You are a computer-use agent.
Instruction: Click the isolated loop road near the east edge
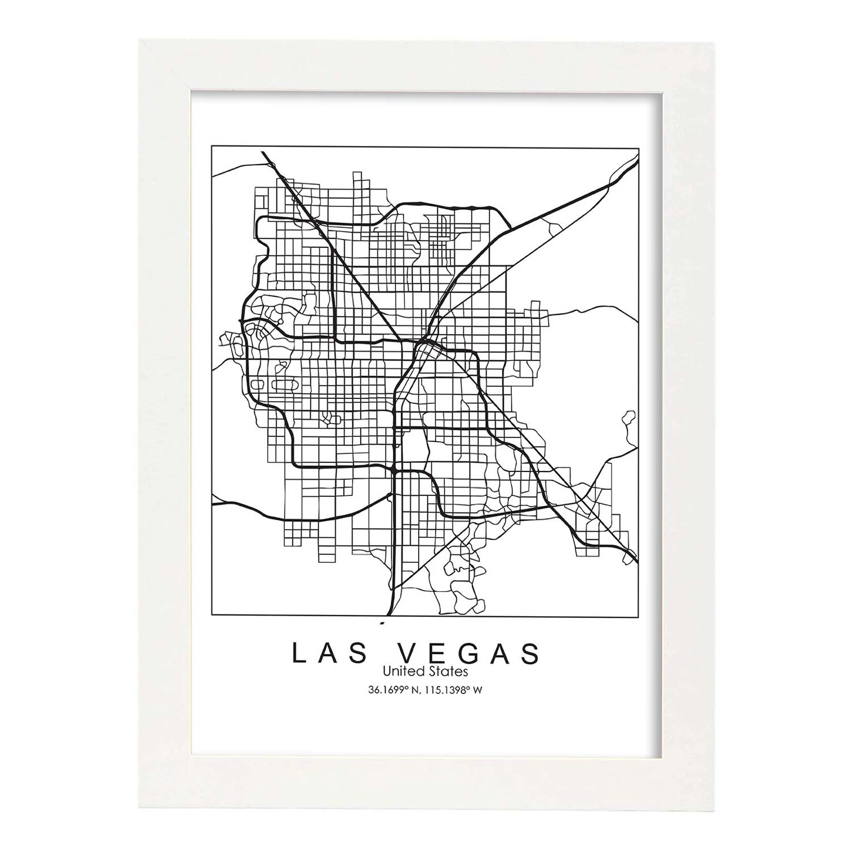point(628,419)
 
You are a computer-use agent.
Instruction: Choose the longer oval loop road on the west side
point(283,384)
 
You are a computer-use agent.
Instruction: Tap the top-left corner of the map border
point(212,146)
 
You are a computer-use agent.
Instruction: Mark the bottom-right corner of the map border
point(639,614)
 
